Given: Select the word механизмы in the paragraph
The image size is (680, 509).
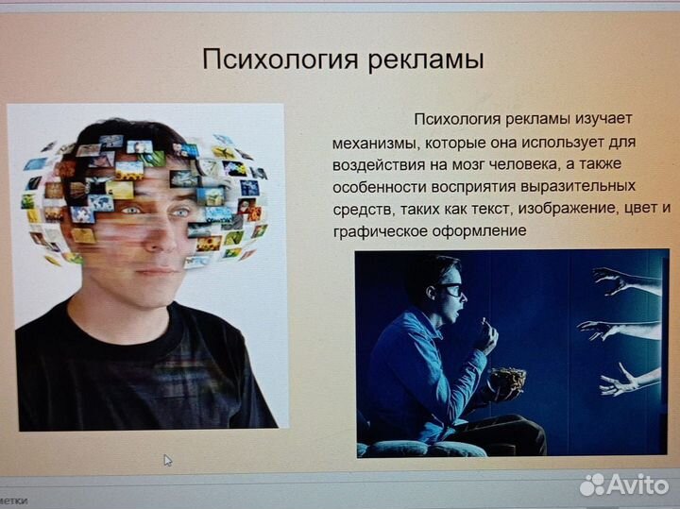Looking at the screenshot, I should click(373, 143).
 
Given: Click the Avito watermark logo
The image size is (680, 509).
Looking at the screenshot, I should click(623, 484).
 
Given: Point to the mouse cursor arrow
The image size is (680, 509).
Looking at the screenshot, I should click(168, 461).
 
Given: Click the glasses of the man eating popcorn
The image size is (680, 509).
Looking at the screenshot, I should click(451, 290).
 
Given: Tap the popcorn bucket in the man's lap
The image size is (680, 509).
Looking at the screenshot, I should click(508, 383).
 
